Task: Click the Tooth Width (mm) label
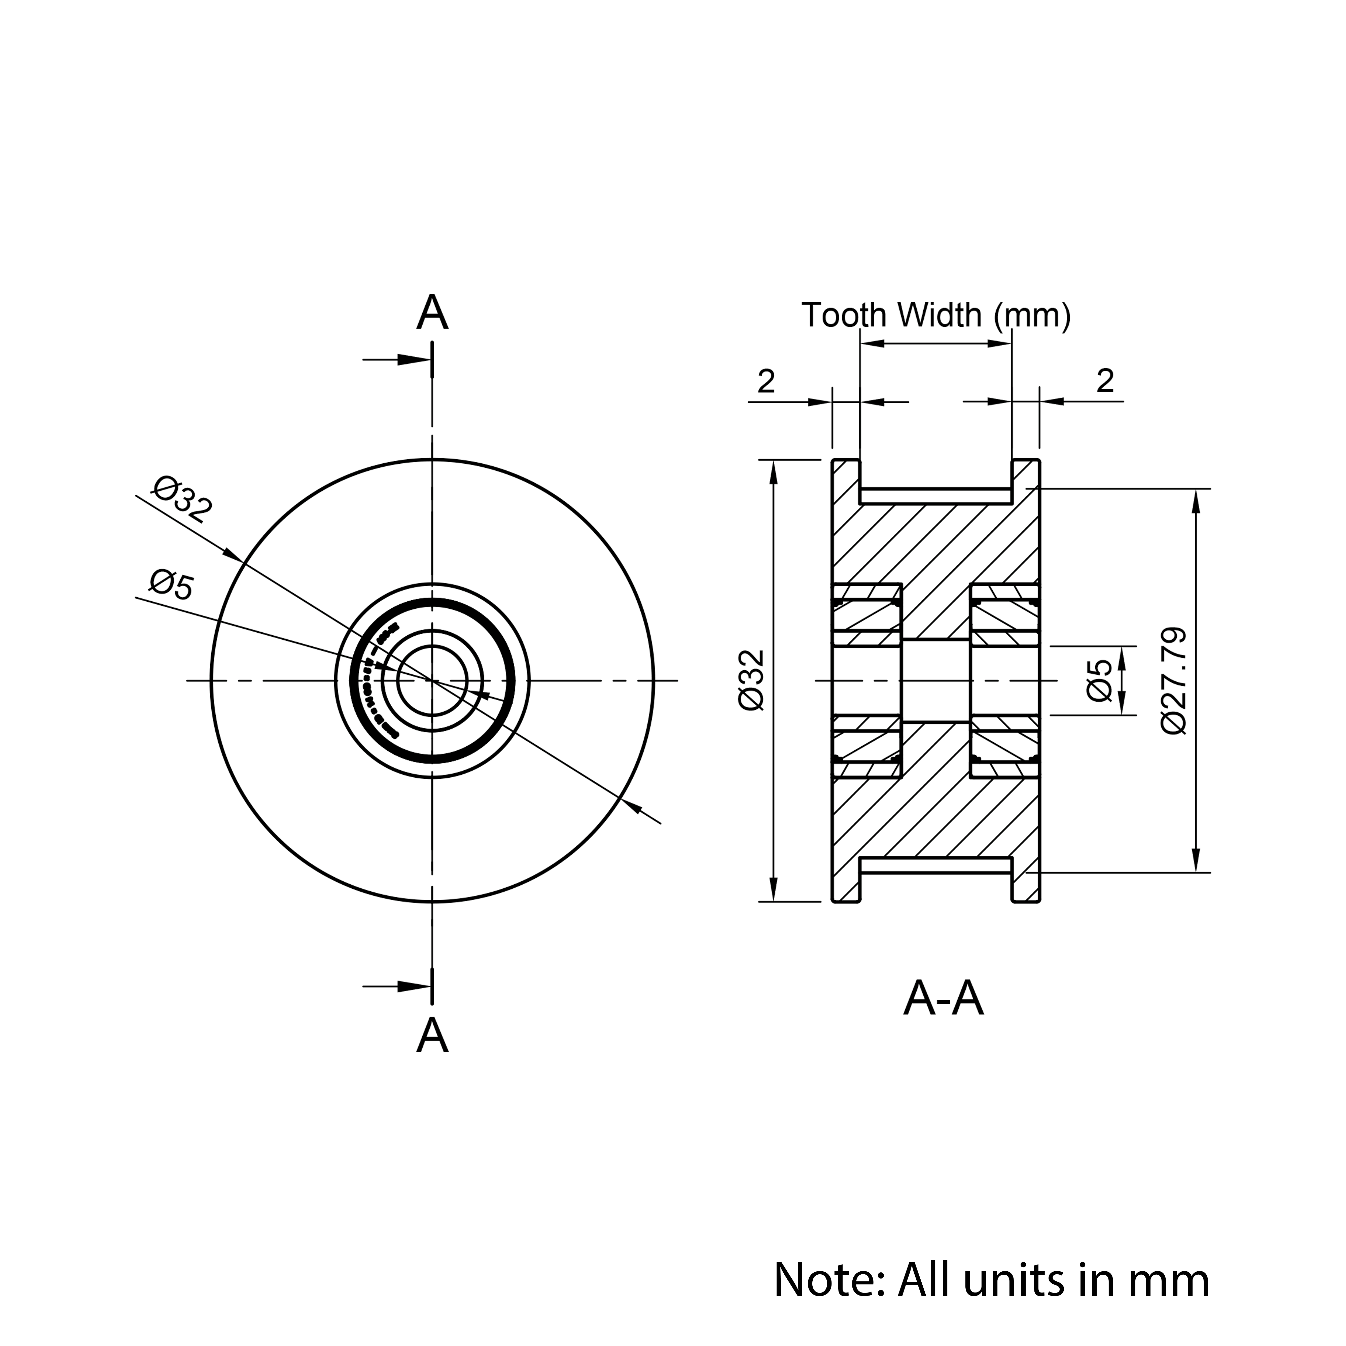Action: tap(936, 316)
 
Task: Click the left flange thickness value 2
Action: tap(766, 381)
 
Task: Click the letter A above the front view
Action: tap(432, 313)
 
